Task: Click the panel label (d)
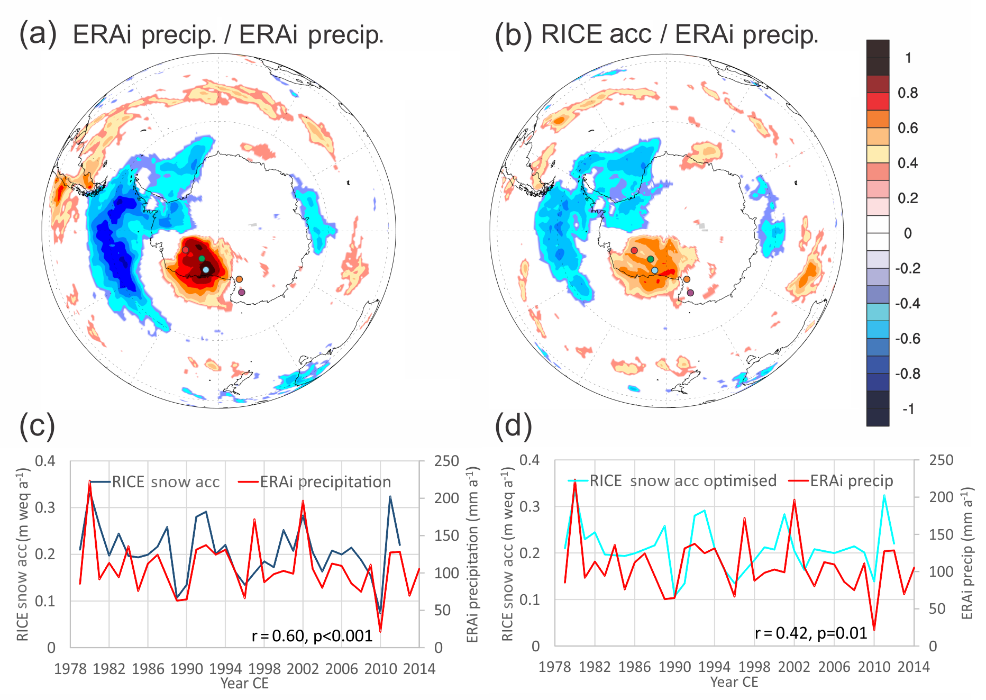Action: click(513, 425)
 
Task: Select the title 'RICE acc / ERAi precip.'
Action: click(680, 34)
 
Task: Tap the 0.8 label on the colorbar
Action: click(908, 93)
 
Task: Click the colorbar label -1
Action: click(908, 409)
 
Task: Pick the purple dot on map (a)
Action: click(242, 292)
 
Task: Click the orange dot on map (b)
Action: click(687, 279)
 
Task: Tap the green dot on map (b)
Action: click(651, 259)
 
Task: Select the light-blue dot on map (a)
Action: click(206, 270)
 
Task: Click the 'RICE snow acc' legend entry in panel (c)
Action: click(166, 482)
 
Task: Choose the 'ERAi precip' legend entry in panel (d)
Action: click(851, 481)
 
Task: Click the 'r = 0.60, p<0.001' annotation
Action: click(312, 635)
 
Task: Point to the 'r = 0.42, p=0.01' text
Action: click(811, 633)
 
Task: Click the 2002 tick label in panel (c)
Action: click(303, 669)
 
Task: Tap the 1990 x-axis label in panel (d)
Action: click(674, 667)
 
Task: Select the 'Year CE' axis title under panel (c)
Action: click(244, 683)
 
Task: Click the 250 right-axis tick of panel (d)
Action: click(941, 460)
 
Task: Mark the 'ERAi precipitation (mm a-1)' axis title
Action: click(473, 554)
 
